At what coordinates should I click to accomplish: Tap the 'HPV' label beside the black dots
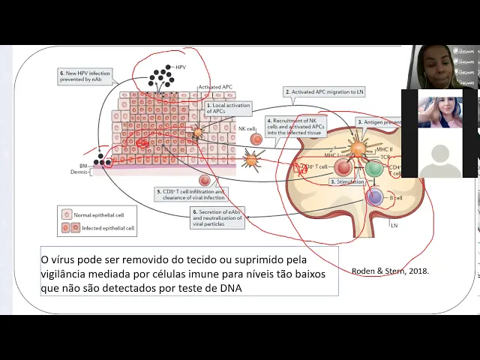180,67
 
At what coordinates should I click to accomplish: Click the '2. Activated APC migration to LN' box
325,91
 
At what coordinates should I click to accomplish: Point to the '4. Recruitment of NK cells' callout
297,124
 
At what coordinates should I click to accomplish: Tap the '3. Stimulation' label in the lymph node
347,181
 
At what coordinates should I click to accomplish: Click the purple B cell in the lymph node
374,197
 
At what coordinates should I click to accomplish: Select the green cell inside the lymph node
373,167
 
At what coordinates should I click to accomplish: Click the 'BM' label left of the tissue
83,165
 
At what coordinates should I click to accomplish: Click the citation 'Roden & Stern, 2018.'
389,271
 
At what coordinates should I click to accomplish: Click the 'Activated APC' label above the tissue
215,88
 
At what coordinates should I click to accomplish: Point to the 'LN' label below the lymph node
394,225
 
